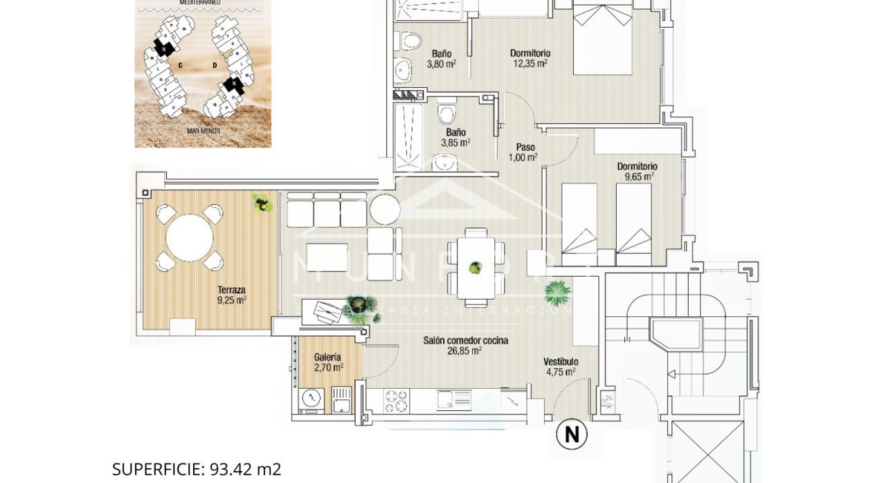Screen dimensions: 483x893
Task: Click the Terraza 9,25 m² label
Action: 231,295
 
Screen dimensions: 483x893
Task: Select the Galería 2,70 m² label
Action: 327,362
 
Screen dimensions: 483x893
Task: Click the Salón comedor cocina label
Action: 465,345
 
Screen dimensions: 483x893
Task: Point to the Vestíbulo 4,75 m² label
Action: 560,366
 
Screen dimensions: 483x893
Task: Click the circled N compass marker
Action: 572,435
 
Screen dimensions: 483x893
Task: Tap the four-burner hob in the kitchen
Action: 396,400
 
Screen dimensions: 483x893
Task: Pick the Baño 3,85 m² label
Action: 455,137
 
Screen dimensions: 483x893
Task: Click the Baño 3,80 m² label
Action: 442,58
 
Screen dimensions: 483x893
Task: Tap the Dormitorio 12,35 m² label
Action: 530,58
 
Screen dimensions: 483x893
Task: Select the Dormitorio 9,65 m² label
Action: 637,171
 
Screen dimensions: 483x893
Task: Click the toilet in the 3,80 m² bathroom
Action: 412,41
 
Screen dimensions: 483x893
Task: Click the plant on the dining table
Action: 475,266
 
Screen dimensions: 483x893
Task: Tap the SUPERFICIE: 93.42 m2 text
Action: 197,469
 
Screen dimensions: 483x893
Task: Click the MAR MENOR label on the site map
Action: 203,129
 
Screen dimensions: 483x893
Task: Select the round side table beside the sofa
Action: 384,209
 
